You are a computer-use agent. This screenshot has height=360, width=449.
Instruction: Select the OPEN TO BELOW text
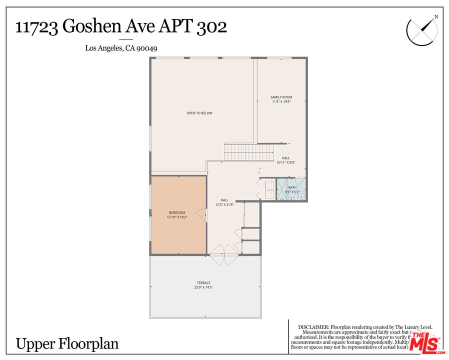199,113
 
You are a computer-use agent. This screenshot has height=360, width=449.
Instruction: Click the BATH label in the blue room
292,187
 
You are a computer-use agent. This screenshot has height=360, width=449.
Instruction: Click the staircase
248,151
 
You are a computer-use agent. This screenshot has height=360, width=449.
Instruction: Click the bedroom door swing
202,215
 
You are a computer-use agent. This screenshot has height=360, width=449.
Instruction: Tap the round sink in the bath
301,197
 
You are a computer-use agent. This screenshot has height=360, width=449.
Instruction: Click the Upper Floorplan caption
67,343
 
